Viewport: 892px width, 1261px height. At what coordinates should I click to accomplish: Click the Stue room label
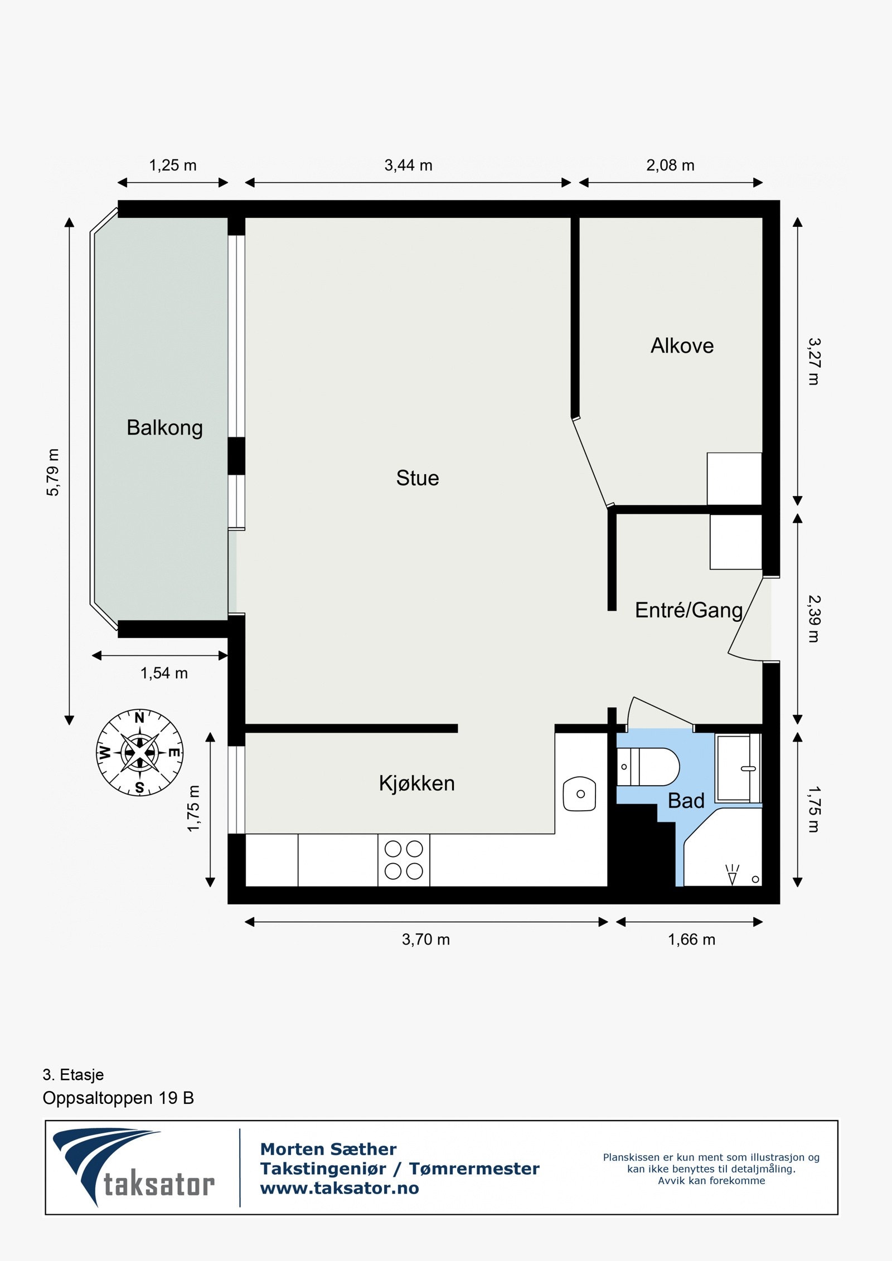click(418, 478)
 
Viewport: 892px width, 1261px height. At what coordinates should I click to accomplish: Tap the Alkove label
click(682, 346)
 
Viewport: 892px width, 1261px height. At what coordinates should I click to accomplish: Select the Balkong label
click(164, 428)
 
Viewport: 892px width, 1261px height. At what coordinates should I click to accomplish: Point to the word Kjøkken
click(416, 783)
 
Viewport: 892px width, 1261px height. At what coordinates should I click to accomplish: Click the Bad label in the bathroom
click(686, 801)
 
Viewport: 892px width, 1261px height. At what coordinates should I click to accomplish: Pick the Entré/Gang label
click(689, 610)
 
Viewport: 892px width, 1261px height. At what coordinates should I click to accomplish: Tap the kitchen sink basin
click(580, 793)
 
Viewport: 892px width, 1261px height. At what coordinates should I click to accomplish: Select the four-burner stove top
click(404, 860)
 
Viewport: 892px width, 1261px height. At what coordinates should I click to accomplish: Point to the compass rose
click(139, 752)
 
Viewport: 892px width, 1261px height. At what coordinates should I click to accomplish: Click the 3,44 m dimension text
click(408, 165)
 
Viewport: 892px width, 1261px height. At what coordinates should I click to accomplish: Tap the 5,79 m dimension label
click(52, 472)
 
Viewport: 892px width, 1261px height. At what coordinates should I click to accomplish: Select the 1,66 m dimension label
click(691, 939)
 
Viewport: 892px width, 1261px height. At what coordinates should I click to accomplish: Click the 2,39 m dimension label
click(814, 619)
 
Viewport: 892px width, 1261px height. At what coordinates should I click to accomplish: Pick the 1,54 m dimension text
click(164, 673)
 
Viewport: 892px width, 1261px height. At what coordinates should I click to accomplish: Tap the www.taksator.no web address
click(340, 1188)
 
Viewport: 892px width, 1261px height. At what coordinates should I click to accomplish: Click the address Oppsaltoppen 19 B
click(118, 1098)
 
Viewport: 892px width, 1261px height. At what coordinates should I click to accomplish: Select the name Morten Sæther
click(328, 1149)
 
